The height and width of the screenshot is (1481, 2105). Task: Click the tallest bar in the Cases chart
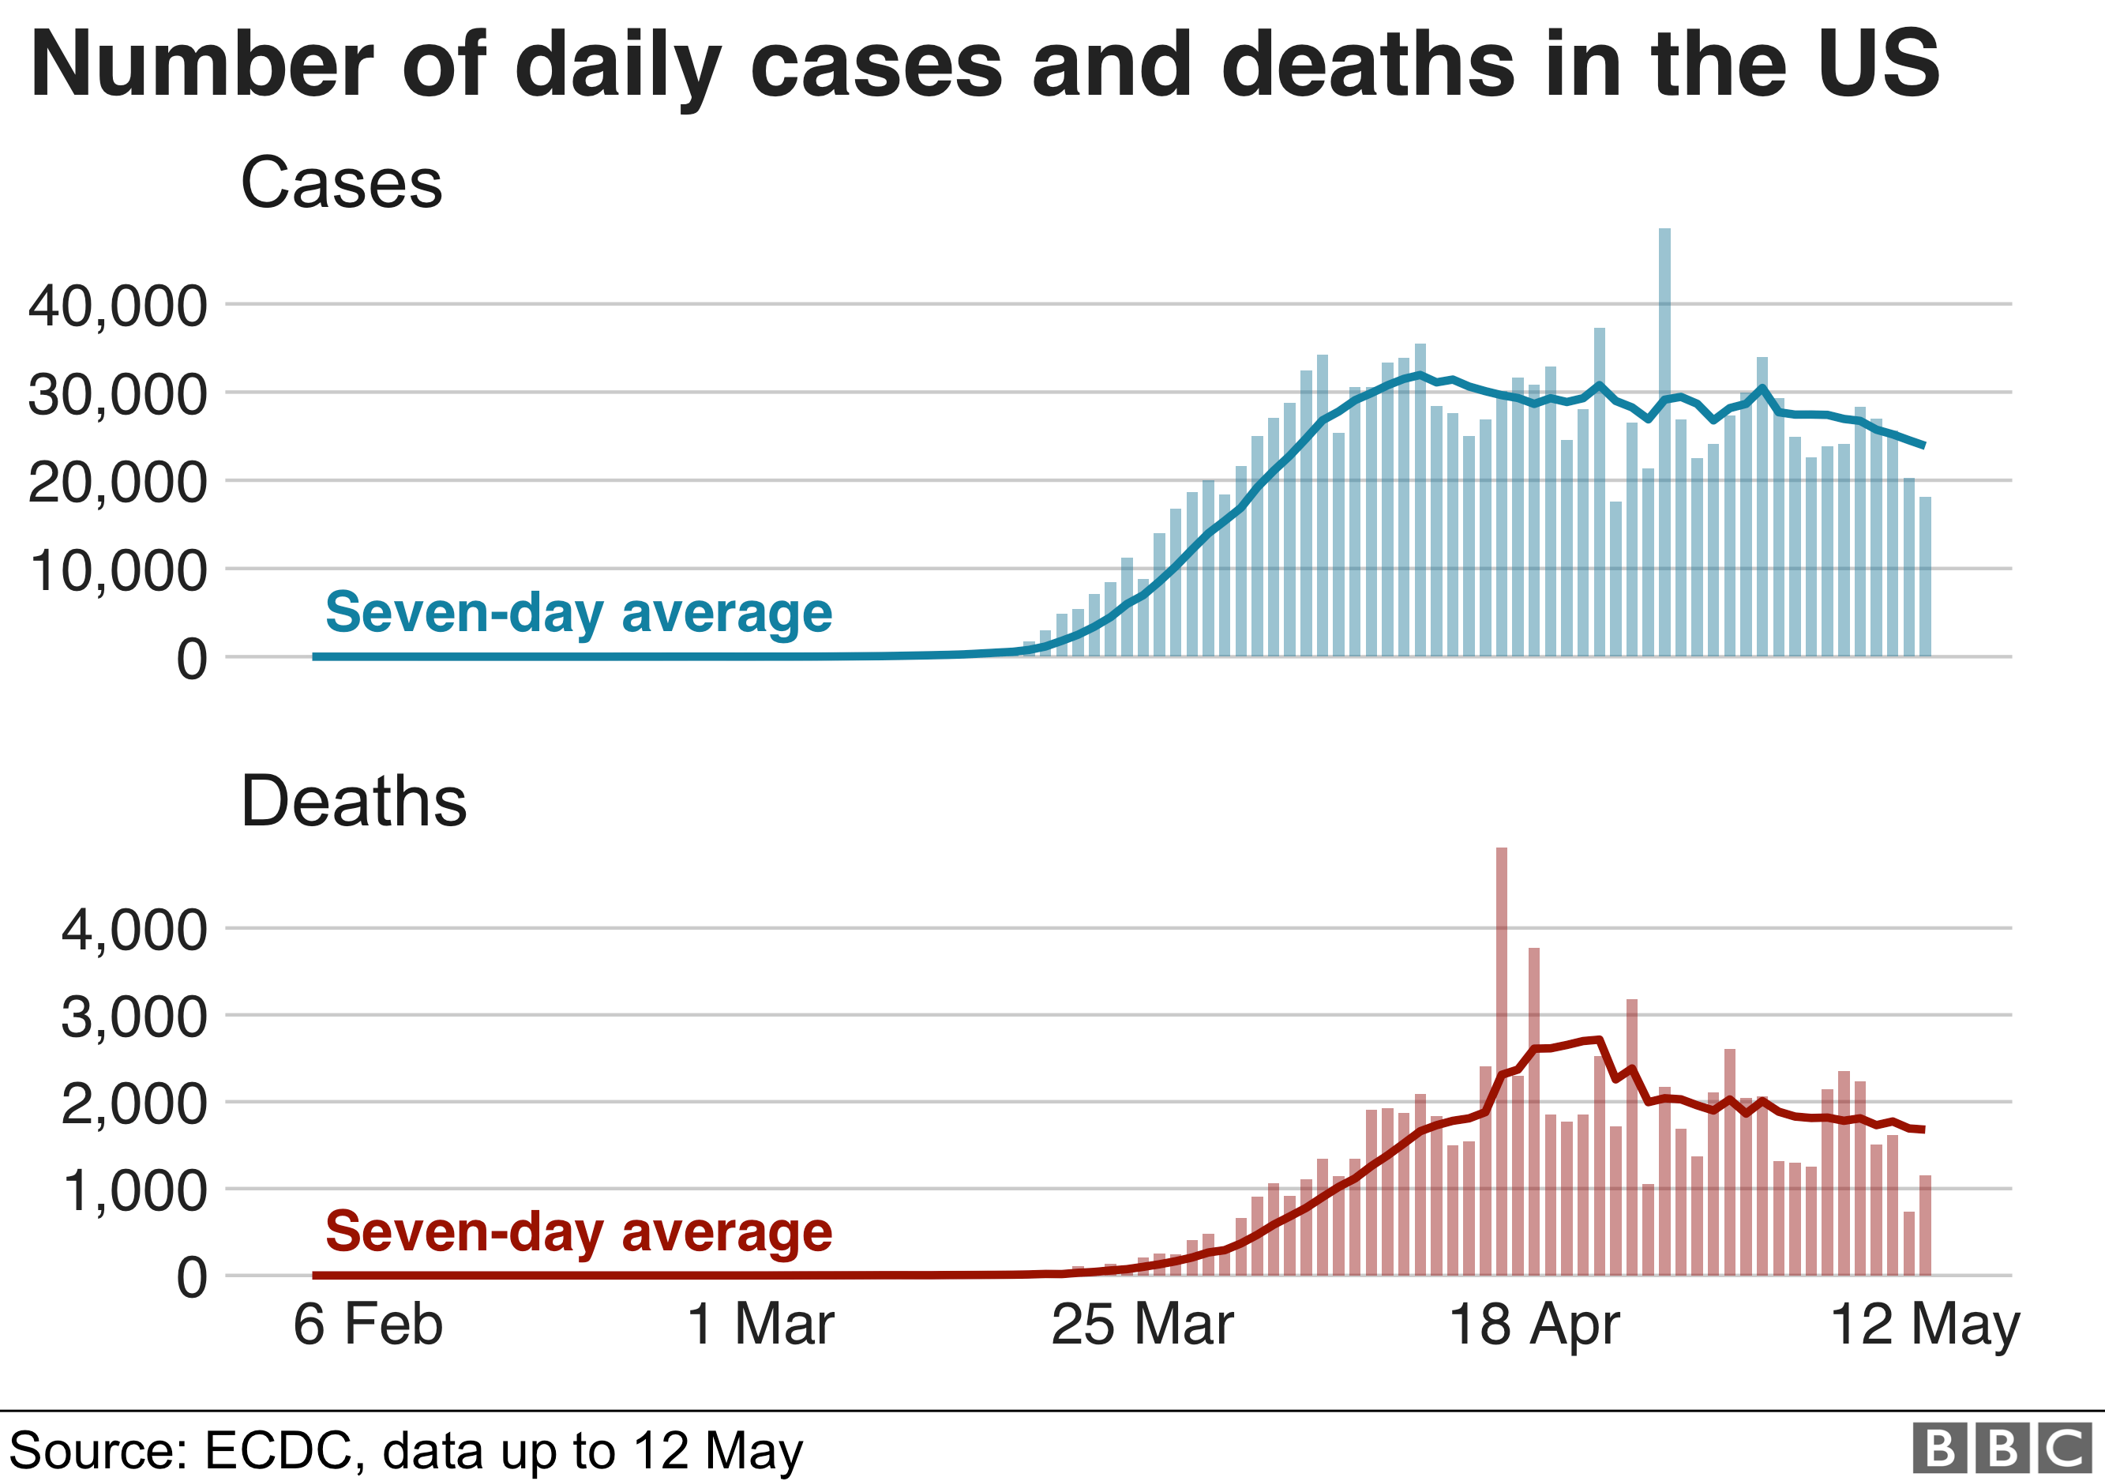(1664, 440)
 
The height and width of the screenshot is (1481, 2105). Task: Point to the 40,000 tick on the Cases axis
(118, 306)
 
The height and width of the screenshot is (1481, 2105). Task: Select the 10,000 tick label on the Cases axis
(118, 570)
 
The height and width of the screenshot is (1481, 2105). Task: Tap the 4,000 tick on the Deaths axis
(135, 930)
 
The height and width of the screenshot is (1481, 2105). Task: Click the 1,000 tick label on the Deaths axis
(135, 1191)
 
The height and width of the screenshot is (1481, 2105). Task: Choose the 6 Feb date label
(368, 1325)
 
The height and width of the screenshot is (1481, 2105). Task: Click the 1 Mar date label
(760, 1325)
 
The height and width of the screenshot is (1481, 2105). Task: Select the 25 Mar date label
(1143, 1325)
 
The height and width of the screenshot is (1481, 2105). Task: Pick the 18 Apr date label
(1534, 1325)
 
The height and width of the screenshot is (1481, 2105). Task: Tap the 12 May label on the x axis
(1924, 1325)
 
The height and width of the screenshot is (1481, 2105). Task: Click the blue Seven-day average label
(579, 613)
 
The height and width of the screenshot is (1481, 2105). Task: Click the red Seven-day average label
(579, 1231)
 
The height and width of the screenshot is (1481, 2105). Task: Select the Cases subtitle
(341, 182)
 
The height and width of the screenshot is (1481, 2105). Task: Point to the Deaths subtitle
(353, 802)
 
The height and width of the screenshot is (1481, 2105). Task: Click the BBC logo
(2002, 1449)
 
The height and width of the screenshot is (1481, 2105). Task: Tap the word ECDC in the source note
(278, 1451)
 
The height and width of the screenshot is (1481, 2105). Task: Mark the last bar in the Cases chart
(1925, 577)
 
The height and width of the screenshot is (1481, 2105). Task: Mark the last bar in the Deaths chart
(1925, 1225)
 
